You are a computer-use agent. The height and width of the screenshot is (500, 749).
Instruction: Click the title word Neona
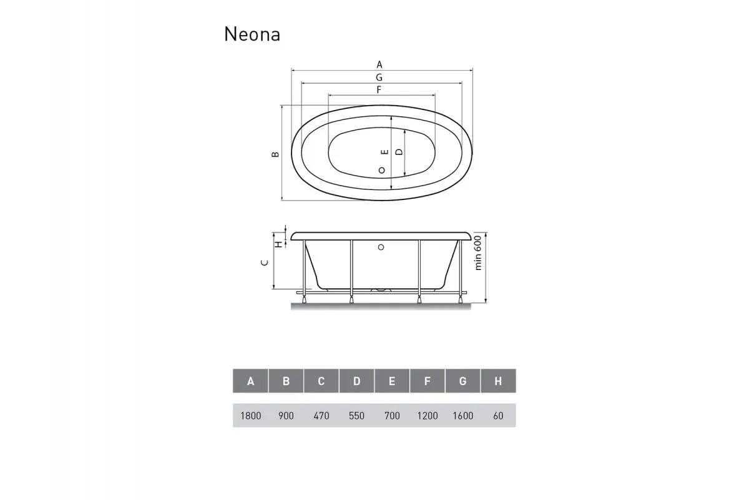pos(252,34)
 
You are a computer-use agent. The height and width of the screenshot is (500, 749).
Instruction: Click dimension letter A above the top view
pos(379,64)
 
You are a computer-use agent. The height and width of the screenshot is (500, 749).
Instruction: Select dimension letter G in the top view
pos(379,77)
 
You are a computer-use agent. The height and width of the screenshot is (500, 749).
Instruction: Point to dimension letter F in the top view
pos(379,90)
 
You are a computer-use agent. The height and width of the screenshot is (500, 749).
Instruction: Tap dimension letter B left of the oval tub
pos(275,154)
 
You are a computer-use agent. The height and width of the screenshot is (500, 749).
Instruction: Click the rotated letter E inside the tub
pos(385,152)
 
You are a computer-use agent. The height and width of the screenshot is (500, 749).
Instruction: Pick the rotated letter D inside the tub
pos(399,152)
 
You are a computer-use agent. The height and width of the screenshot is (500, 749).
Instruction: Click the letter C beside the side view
pos(265,263)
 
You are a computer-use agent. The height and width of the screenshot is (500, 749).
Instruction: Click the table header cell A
pos(250,381)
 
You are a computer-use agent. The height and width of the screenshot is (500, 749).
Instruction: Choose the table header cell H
pos(497,381)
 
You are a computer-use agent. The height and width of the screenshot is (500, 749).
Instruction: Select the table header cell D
pos(356,381)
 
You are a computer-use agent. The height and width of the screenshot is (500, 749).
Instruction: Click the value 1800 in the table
pos(250,416)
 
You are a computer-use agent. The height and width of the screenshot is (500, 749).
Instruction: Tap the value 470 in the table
pos(321,416)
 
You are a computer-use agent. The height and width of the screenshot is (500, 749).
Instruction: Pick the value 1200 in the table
pos(427,416)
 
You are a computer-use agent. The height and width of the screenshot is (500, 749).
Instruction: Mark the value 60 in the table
pos(497,416)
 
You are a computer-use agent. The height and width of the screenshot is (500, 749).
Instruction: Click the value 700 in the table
pos(392,416)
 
